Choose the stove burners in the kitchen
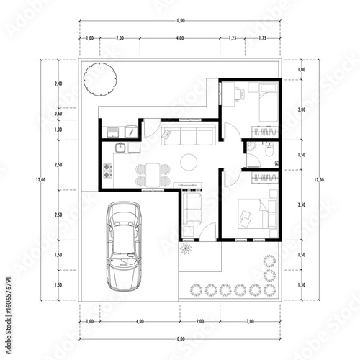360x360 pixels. click(x=109, y=172)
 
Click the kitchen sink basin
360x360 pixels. click(x=120, y=148)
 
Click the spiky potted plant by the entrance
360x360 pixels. click(x=187, y=248)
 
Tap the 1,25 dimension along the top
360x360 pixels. click(x=233, y=37)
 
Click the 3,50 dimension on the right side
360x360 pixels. click(x=301, y=205)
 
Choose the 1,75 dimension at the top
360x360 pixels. click(x=263, y=37)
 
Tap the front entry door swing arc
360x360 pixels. click(x=207, y=230)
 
